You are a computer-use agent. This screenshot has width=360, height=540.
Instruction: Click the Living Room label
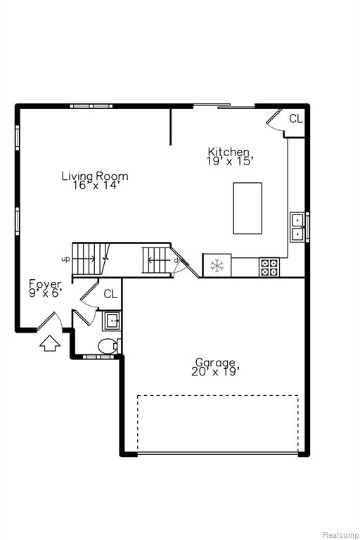tap(95, 176)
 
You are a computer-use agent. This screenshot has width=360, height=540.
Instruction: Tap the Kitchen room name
tap(229, 152)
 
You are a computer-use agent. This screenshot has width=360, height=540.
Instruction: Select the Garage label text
tap(215, 362)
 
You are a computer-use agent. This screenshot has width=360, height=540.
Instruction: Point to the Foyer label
tap(45, 285)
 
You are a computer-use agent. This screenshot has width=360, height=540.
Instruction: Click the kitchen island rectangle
tap(247, 208)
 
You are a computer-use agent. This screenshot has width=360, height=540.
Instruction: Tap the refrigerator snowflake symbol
tap(217, 266)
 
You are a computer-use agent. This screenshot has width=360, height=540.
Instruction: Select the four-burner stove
tap(269, 268)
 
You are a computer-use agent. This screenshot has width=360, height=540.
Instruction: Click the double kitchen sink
tap(297, 227)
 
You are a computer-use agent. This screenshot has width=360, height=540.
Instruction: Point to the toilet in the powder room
tap(108, 346)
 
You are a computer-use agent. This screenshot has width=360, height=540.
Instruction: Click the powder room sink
tap(111, 321)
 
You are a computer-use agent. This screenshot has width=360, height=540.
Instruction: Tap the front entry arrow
tap(50, 343)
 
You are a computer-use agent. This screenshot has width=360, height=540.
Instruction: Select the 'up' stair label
tap(65, 259)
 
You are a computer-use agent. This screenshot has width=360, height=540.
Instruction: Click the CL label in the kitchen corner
tap(296, 119)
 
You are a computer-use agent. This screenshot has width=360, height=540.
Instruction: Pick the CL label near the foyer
tap(110, 294)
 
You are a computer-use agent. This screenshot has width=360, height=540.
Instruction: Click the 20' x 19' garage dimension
tap(215, 371)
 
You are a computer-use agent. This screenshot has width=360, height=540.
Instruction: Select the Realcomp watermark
tap(340, 535)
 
